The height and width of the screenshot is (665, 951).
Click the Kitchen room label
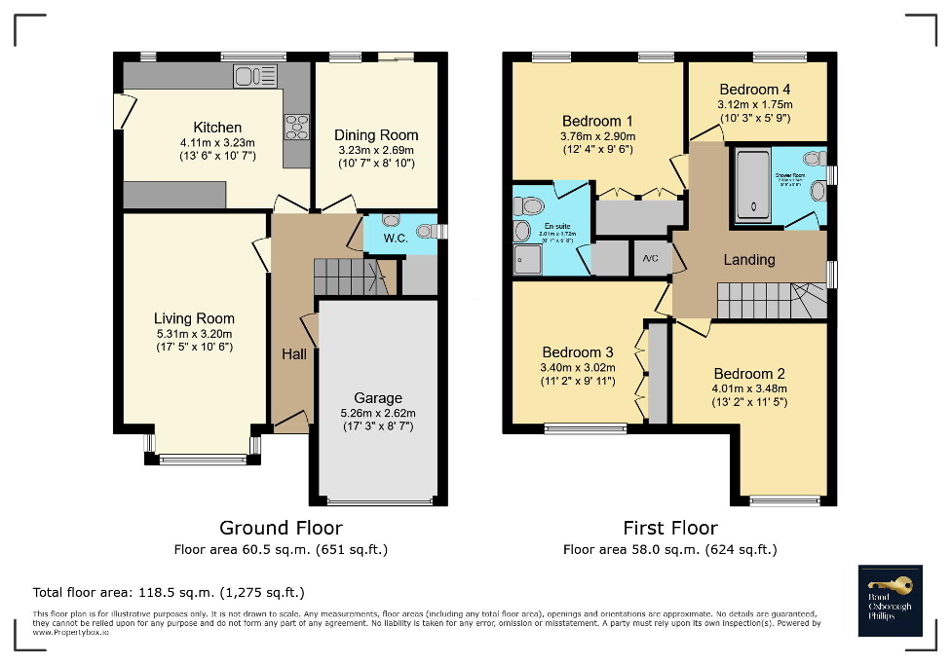(x=217, y=128)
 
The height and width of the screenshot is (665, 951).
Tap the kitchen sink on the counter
(x=255, y=75)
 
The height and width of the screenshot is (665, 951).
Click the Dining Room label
(x=376, y=135)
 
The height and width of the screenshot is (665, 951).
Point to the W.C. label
(x=395, y=238)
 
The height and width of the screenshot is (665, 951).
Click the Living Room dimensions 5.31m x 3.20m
(x=194, y=333)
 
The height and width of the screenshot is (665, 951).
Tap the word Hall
(x=294, y=353)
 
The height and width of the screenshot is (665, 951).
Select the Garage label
(x=378, y=398)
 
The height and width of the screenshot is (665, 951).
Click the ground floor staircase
(x=345, y=277)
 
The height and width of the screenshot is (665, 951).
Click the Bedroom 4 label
(x=755, y=90)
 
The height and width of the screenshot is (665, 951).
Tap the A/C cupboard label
(x=650, y=259)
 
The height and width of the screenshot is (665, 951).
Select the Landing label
(x=748, y=260)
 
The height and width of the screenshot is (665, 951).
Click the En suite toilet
(x=531, y=205)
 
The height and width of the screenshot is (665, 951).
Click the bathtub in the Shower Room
(x=749, y=184)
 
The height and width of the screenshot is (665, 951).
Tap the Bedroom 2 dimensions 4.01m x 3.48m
(x=749, y=388)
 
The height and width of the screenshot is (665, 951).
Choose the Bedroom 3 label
(x=578, y=352)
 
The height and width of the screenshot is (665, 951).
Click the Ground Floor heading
(x=281, y=528)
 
